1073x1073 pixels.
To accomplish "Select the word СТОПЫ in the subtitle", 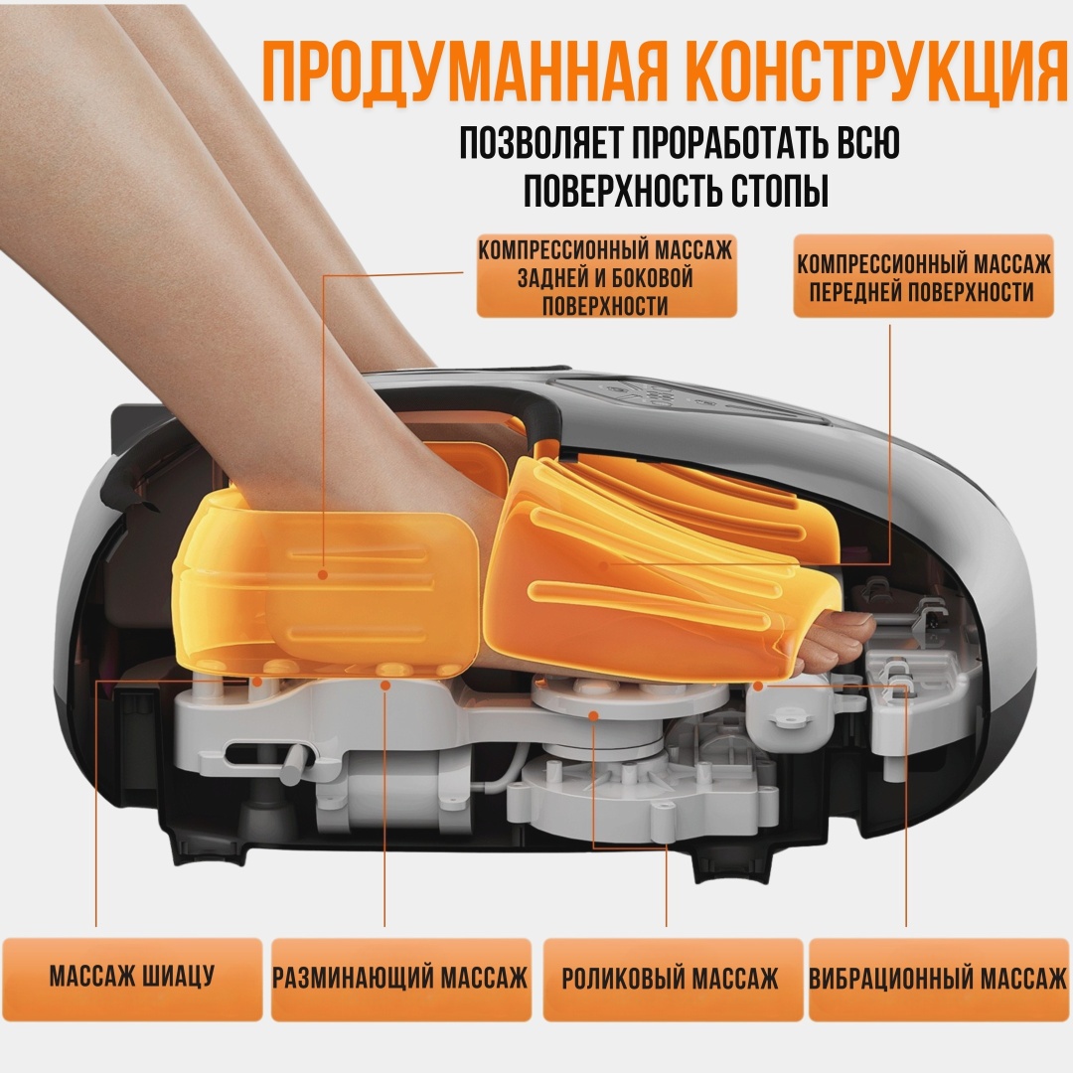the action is (780, 190).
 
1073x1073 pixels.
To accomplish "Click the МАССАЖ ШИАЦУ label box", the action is (132, 979).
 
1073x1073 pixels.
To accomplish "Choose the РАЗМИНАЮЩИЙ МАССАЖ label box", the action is (401, 979).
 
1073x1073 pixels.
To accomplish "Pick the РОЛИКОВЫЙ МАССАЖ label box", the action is (672, 979).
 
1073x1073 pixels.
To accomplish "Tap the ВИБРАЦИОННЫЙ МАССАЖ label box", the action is (939, 979).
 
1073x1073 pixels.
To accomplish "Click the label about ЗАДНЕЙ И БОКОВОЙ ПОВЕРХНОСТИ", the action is (606, 277).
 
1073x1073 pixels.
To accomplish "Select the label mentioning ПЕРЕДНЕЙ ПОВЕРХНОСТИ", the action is (923, 276).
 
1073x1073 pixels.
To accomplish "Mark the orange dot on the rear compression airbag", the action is (323, 575).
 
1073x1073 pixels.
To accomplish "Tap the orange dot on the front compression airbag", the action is (603, 565).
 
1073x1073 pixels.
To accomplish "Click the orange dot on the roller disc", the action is (593, 715).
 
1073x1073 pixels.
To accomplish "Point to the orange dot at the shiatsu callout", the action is (256, 681).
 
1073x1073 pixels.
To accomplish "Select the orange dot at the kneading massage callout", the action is (385, 685).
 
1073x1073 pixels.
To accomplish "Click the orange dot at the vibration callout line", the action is (757, 685).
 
